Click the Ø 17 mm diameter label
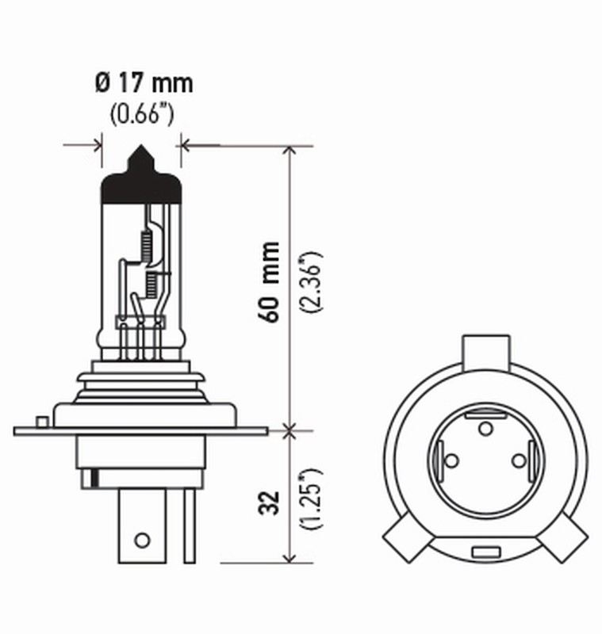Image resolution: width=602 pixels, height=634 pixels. click(x=143, y=83)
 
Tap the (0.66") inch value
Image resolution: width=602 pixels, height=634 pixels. click(x=141, y=114)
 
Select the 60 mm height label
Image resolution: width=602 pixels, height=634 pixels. click(x=270, y=281)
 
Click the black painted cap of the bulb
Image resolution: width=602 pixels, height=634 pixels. click(x=141, y=181)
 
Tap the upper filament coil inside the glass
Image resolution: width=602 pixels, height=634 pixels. click(x=146, y=243)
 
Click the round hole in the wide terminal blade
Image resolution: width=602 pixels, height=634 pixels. click(x=142, y=540)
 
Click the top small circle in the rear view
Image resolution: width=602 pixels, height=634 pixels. click(x=485, y=429)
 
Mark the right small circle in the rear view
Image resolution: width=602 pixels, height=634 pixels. click(x=519, y=460)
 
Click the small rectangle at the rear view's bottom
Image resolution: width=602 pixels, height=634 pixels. click(x=485, y=551)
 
